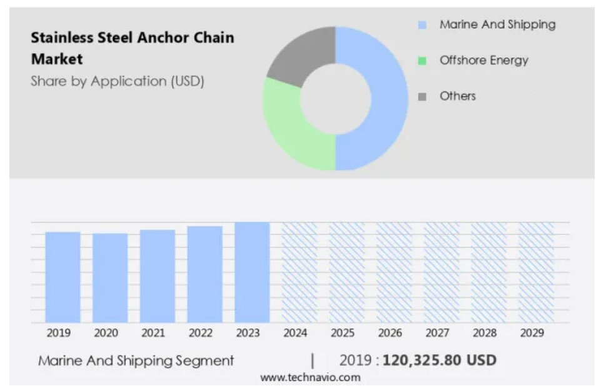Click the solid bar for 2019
pos(63,277)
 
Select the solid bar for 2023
pos(252,272)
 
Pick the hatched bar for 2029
pos(536,272)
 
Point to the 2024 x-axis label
pos(295,333)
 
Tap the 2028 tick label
pos(485,333)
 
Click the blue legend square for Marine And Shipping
pos(422,26)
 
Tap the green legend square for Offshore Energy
pos(422,61)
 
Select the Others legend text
pos(457,96)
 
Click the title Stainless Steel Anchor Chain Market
pos(133,48)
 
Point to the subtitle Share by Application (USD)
pos(118,81)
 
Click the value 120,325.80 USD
pos(439,360)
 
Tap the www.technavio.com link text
pos(310,377)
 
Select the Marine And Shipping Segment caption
pos(136,361)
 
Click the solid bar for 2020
pos(110,278)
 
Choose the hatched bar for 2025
pos(346,272)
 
